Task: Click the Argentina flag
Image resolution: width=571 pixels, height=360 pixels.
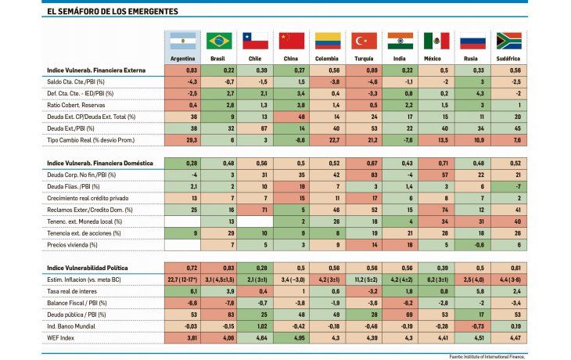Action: [183, 41]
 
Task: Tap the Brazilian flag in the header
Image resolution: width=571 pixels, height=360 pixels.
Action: [220, 41]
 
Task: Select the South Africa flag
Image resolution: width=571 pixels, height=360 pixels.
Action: [510, 41]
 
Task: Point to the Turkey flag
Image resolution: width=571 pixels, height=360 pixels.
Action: [365, 41]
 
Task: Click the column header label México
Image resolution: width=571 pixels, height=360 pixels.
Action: [437, 59]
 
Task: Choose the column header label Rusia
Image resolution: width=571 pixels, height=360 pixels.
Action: [474, 59]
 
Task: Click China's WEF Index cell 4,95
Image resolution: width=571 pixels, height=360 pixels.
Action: [293, 339]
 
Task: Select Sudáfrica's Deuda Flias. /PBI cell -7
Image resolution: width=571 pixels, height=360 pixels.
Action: [510, 186]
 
